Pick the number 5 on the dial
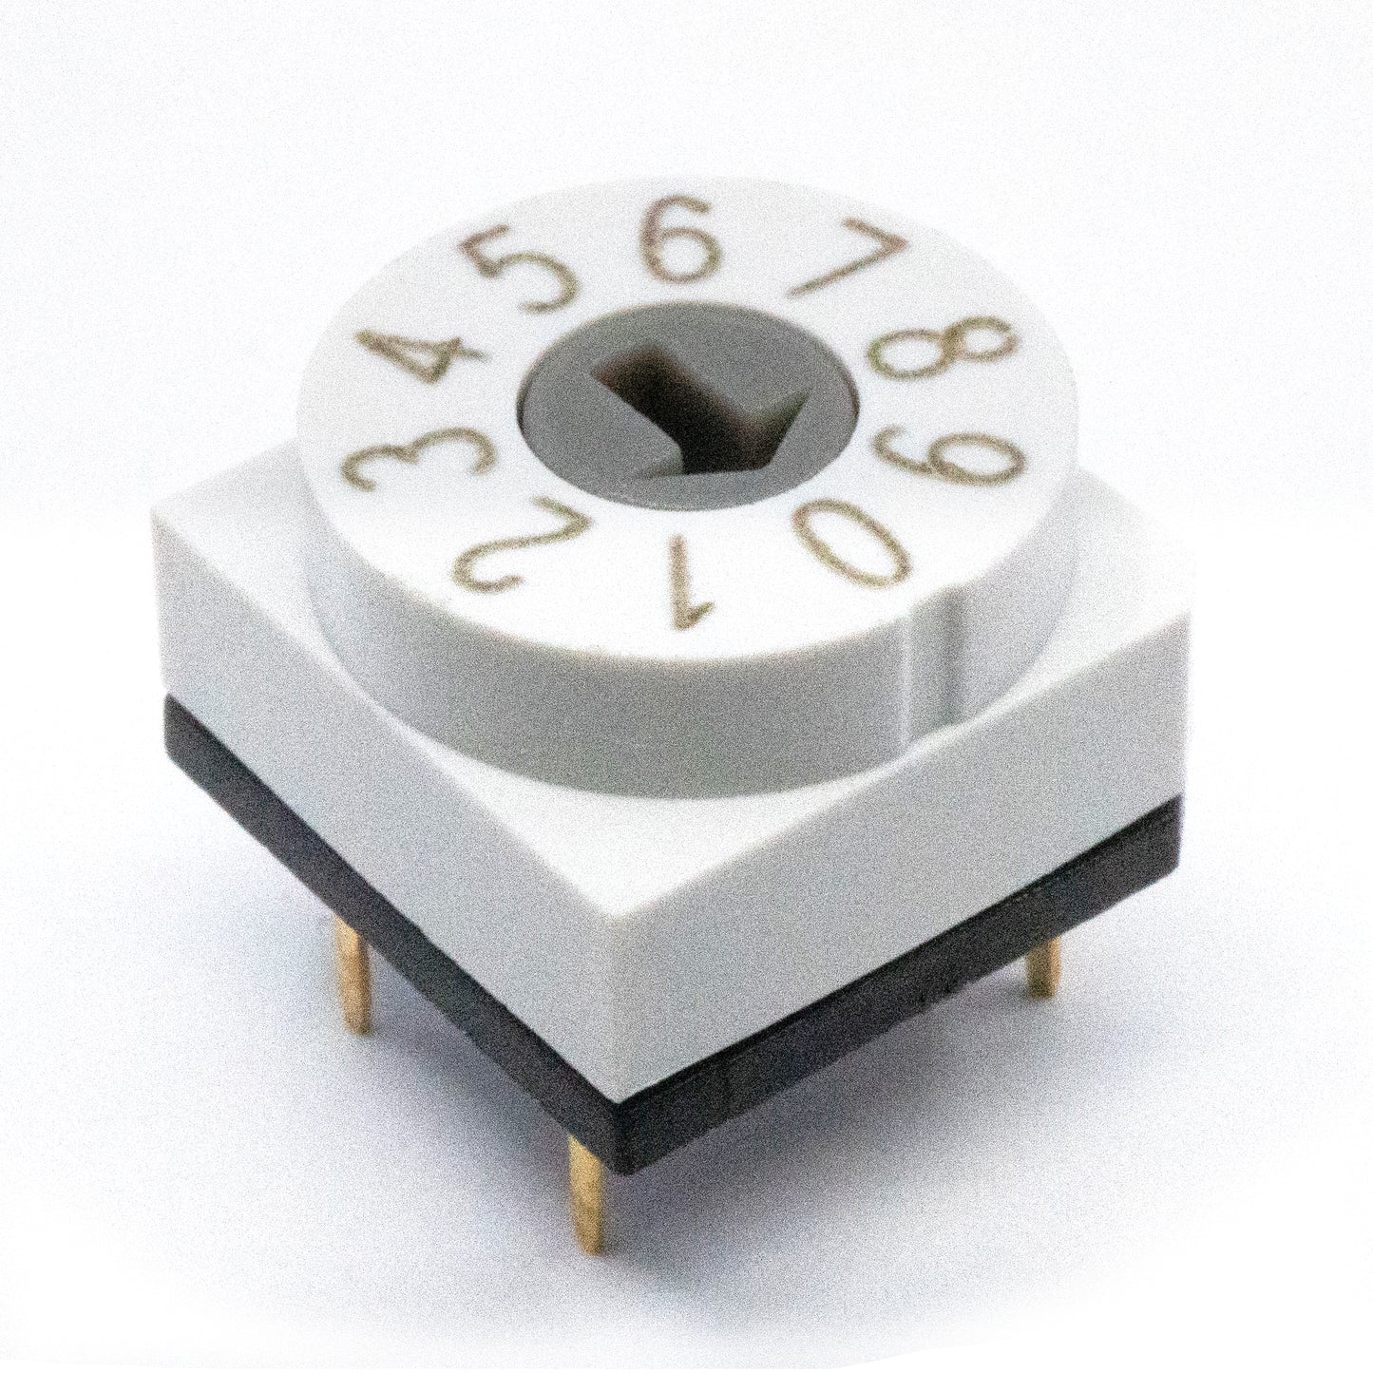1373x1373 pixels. click(520, 272)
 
